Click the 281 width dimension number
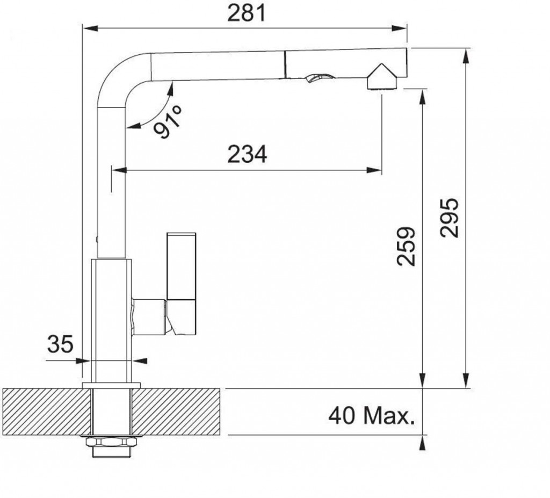click(x=247, y=13)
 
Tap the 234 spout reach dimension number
click(x=247, y=154)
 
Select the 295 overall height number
click(x=450, y=218)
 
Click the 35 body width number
click(x=60, y=344)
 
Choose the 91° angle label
click(x=168, y=121)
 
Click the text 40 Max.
click(x=372, y=416)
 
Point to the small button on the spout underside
click(x=319, y=78)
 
